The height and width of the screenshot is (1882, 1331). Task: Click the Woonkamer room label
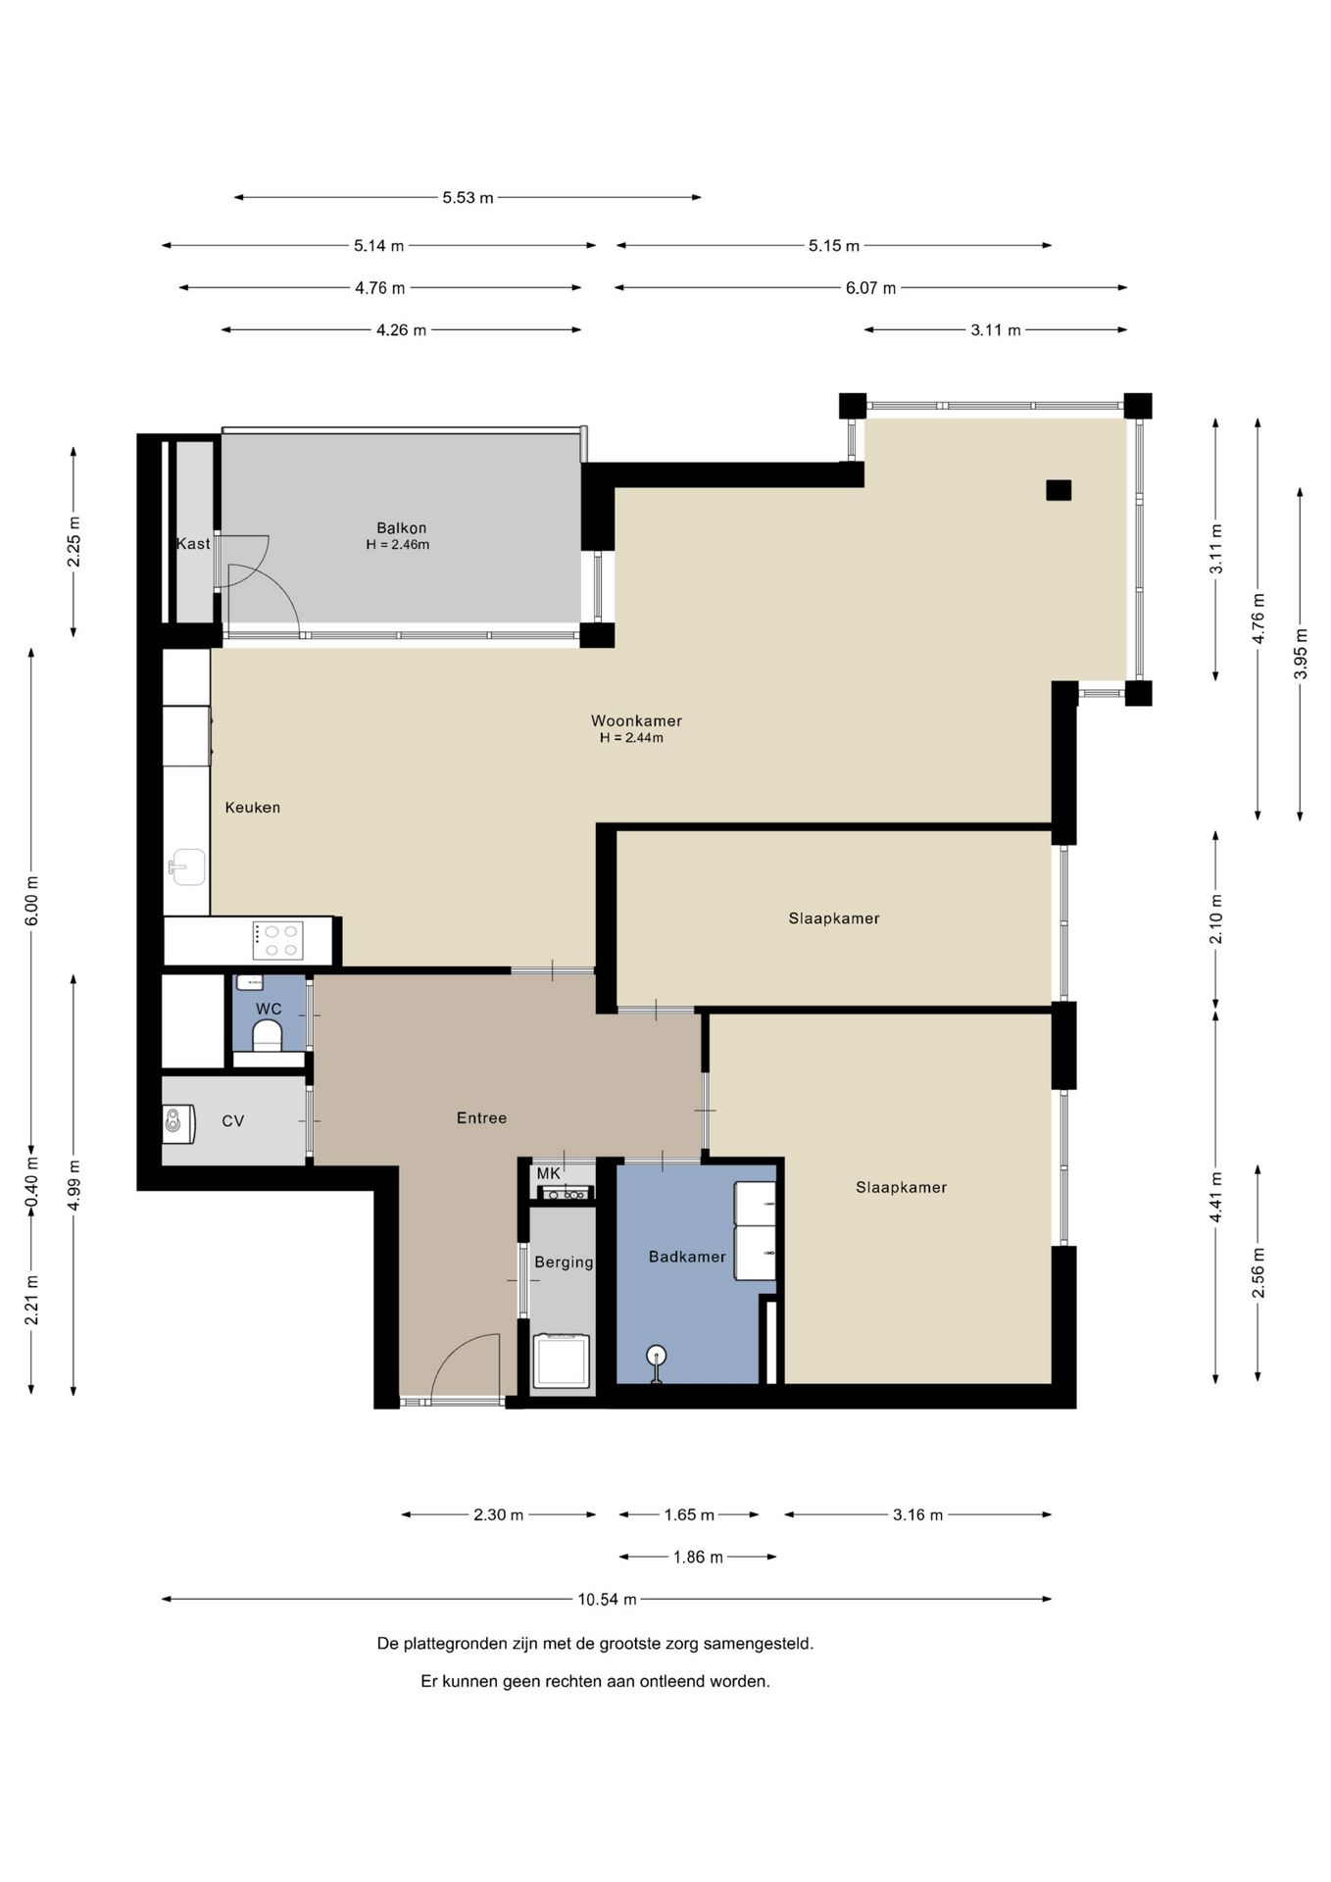tap(636, 720)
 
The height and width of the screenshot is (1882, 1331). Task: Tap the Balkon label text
tap(402, 528)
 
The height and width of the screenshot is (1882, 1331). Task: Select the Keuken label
tap(253, 808)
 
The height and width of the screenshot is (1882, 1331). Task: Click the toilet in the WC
tap(267, 1036)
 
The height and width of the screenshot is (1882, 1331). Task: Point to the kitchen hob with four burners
tap(277, 941)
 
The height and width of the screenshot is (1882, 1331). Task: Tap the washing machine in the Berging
tap(562, 1361)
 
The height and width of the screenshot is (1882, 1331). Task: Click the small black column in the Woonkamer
tap(1059, 490)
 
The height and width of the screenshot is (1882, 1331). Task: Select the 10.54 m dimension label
tap(607, 1599)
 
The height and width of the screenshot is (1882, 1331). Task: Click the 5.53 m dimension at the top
tap(468, 197)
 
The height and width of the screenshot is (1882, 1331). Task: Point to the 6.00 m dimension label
tap(31, 899)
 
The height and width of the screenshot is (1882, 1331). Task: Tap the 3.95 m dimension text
tap(1301, 654)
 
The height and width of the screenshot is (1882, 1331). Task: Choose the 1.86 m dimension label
tap(698, 1557)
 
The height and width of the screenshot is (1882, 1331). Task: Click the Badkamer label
tap(687, 1257)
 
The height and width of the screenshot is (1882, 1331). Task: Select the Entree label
tap(481, 1117)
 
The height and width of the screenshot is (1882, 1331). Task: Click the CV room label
tap(232, 1120)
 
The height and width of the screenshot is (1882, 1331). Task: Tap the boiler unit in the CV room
tap(179, 1124)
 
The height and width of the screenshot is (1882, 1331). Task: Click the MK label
tap(548, 1173)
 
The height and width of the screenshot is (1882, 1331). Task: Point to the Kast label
tap(193, 543)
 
